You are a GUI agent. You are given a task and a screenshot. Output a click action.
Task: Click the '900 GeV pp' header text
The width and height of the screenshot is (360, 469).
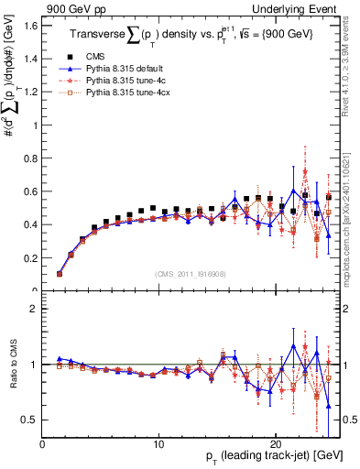71,8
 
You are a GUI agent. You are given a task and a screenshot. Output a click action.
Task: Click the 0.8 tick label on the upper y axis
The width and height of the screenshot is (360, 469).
30,158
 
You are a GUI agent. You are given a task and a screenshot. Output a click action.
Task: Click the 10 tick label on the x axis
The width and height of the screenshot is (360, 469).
158,444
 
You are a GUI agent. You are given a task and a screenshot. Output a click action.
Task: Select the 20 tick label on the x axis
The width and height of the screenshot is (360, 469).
275,444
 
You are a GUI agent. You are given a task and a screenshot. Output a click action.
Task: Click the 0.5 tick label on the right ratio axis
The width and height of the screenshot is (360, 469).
348,420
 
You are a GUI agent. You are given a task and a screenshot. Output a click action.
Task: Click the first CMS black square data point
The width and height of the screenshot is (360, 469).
60,273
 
